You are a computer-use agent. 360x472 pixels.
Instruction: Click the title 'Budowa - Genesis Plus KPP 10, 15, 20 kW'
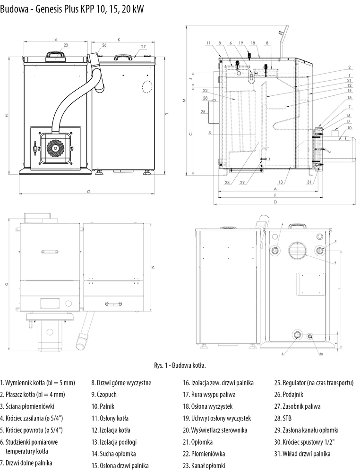click(x=72, y=8)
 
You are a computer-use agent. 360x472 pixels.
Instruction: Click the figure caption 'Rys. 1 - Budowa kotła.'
click(x=180, y=365)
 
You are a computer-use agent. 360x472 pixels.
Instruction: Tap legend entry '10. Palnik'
click(x=103, y=406)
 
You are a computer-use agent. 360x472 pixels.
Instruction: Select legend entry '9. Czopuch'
click(x=104, y=394)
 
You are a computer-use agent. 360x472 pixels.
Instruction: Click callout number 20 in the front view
click(x=65, y=45)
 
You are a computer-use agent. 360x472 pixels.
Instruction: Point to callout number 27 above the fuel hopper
click(x=143, y=47)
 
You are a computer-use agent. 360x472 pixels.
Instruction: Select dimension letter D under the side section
click(x=275, y=202)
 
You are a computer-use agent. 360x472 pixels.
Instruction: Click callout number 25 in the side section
click(x=203, y=112)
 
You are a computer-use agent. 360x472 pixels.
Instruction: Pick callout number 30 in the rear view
click(x=321, y=354)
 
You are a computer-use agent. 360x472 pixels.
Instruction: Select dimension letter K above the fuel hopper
click(x=119, y=40)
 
